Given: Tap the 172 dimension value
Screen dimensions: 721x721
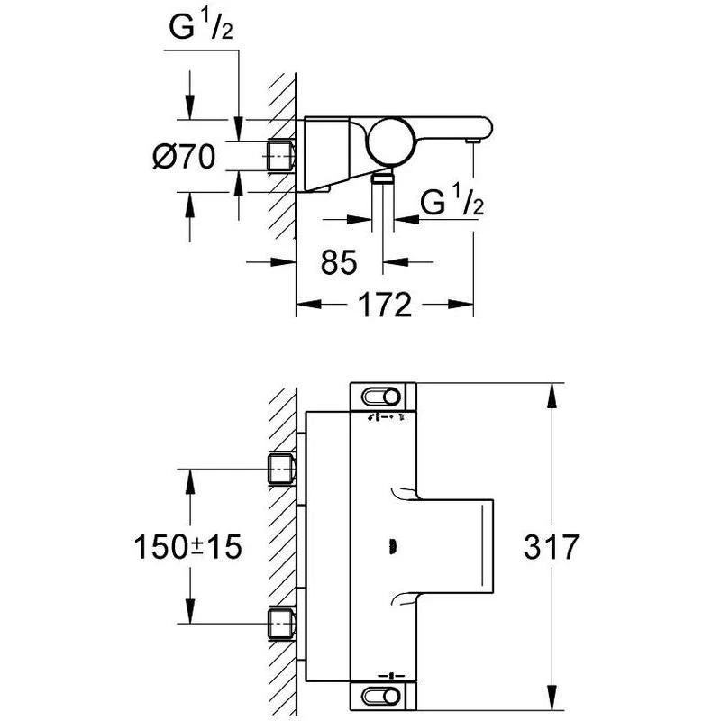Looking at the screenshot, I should (x=384, y=306).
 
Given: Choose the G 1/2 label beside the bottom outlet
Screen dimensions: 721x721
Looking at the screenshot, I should (x=453, y=204).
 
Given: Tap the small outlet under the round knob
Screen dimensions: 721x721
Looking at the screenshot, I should (x=385, y=178).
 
